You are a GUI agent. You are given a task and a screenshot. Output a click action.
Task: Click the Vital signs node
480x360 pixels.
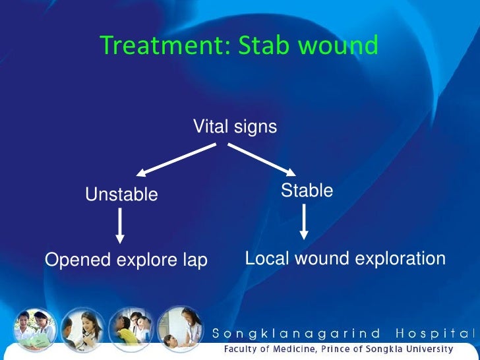(x=235, y=127)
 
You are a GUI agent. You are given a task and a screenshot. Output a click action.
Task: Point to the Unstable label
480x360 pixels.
(x=121, y=195)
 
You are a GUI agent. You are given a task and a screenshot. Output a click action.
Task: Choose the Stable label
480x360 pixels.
(x=307, y=191)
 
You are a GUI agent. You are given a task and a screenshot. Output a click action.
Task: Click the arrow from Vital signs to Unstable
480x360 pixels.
(x=176, y=160)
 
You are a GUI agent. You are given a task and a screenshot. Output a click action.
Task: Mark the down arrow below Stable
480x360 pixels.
(x=304, y=222)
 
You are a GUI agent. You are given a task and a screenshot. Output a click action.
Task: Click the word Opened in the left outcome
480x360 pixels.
(x=78, y=260)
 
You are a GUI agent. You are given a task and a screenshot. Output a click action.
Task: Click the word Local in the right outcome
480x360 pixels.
(x=267, y=258)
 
